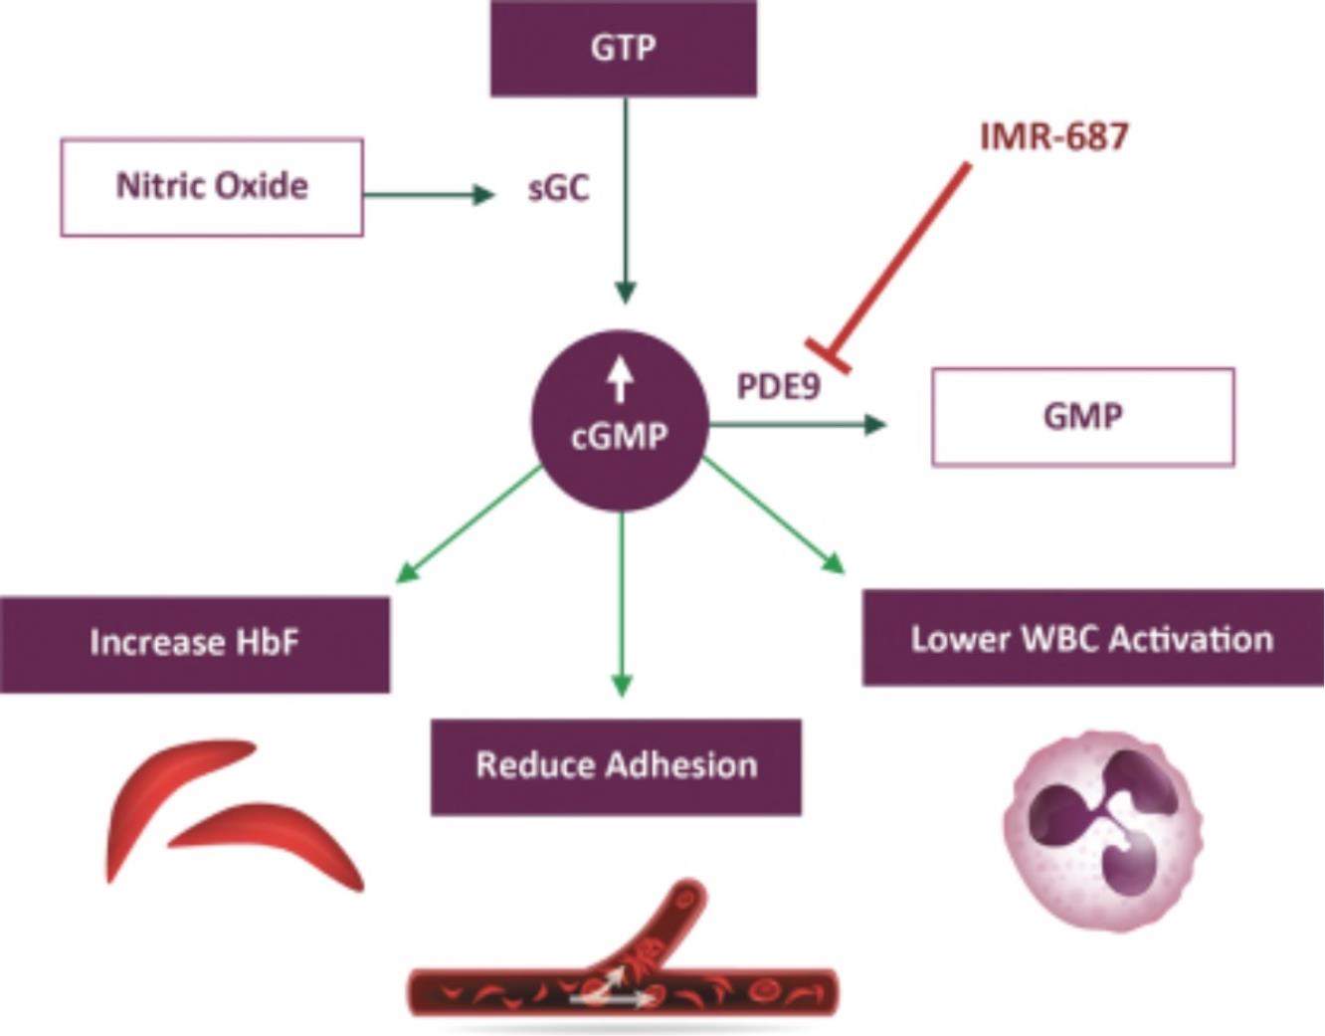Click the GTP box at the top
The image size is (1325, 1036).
[x=623, y=48]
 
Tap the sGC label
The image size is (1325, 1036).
[x=558, y=188]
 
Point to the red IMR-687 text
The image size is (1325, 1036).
[x=1053, y=136]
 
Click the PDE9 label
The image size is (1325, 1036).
[x=779, y=386]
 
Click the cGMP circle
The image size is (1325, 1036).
[x=620, y=421]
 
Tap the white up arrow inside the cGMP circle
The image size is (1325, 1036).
[x=620, y=380]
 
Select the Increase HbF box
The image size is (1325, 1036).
[x=195, y=645]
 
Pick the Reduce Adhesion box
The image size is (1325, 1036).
[x=616, y=766]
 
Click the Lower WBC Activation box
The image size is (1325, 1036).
[x=1093, y=638]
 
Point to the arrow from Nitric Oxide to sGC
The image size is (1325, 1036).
[x=429, y=195]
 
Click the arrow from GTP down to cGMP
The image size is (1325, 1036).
[x=626, y=200]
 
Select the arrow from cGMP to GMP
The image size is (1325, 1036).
[x=798, y=425]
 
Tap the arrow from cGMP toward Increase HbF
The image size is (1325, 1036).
[x=470, y=525]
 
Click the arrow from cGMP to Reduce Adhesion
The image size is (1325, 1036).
[x=622, y=604]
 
